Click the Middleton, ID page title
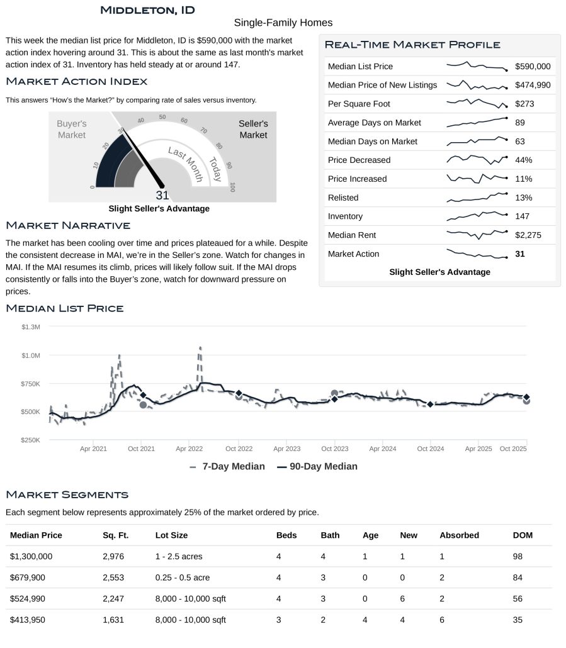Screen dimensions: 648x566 147,10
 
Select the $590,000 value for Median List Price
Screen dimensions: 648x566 532,66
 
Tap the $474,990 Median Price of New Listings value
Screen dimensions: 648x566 532,85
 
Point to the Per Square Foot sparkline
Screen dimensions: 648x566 477,103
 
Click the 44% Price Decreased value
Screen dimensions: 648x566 523,160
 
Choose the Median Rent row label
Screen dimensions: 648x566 351,235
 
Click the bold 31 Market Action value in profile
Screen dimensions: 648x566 520,254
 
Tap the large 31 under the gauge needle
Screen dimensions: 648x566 162,195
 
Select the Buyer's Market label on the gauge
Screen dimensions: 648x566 71,130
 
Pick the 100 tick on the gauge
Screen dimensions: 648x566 233,187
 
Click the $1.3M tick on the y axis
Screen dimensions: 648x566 31,327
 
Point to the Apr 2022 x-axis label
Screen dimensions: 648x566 190,449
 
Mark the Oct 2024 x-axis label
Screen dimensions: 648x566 431,449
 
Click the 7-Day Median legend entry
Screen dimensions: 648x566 227,466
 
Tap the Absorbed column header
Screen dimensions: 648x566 459,535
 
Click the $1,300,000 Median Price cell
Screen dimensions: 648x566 31,556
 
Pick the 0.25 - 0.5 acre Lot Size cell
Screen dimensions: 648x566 183,578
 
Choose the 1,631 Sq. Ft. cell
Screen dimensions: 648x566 113,620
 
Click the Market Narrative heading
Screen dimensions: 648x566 68,225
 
